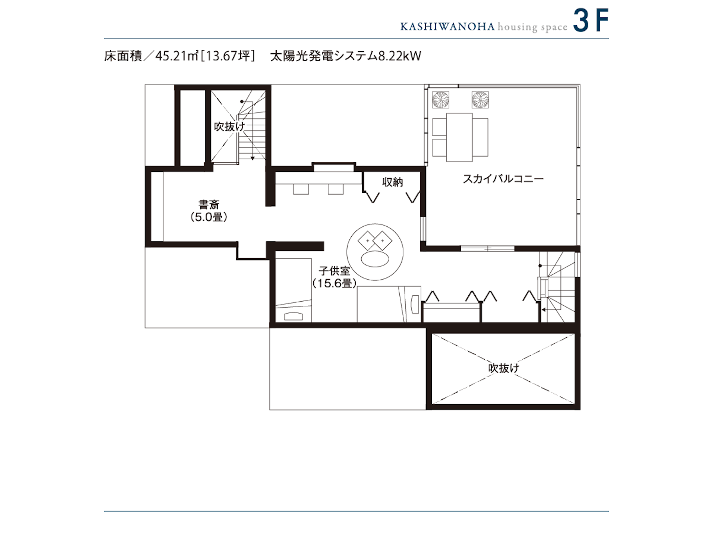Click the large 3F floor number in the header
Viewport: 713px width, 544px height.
coord(590,21)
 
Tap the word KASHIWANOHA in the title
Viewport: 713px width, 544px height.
coord(447,27)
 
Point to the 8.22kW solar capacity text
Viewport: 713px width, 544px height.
coord(400,56)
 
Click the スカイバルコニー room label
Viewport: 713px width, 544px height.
coord(503,179)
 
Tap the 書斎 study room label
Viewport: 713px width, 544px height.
coord(209,204)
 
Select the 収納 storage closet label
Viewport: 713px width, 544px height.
coord(392,182)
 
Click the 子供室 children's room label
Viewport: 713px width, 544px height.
coord(334,271)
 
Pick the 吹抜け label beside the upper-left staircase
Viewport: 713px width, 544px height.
coord(229,127)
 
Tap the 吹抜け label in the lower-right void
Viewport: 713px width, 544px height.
coord(504,368)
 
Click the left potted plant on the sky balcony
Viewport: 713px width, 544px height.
coord(440,100)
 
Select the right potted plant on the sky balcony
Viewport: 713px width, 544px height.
coord(480,100)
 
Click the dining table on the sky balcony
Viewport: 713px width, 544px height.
coord(459,137)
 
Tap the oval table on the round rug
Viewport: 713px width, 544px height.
coord(375,259)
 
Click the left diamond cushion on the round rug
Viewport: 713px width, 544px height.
coord(367,241)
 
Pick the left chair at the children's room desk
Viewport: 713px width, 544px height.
coord(301,189)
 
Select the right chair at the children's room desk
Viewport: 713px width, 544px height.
coord(336,189)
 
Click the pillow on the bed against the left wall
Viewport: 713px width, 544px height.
coord(293,316)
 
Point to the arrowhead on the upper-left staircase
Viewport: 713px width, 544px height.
coord(253,158)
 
